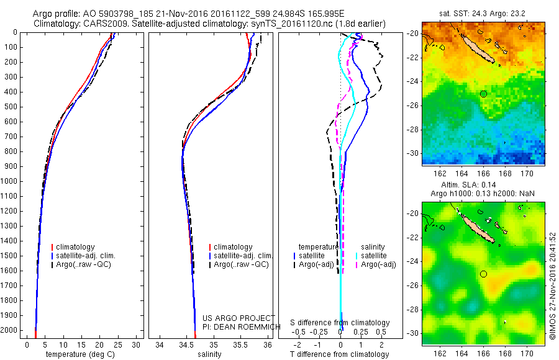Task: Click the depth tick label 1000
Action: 11,181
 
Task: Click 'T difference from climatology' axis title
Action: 340,354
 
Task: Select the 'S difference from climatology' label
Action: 340,323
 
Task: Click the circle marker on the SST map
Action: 483,94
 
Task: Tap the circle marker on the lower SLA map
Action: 483,274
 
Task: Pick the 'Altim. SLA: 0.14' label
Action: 483,186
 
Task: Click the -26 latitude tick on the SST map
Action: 413,106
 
